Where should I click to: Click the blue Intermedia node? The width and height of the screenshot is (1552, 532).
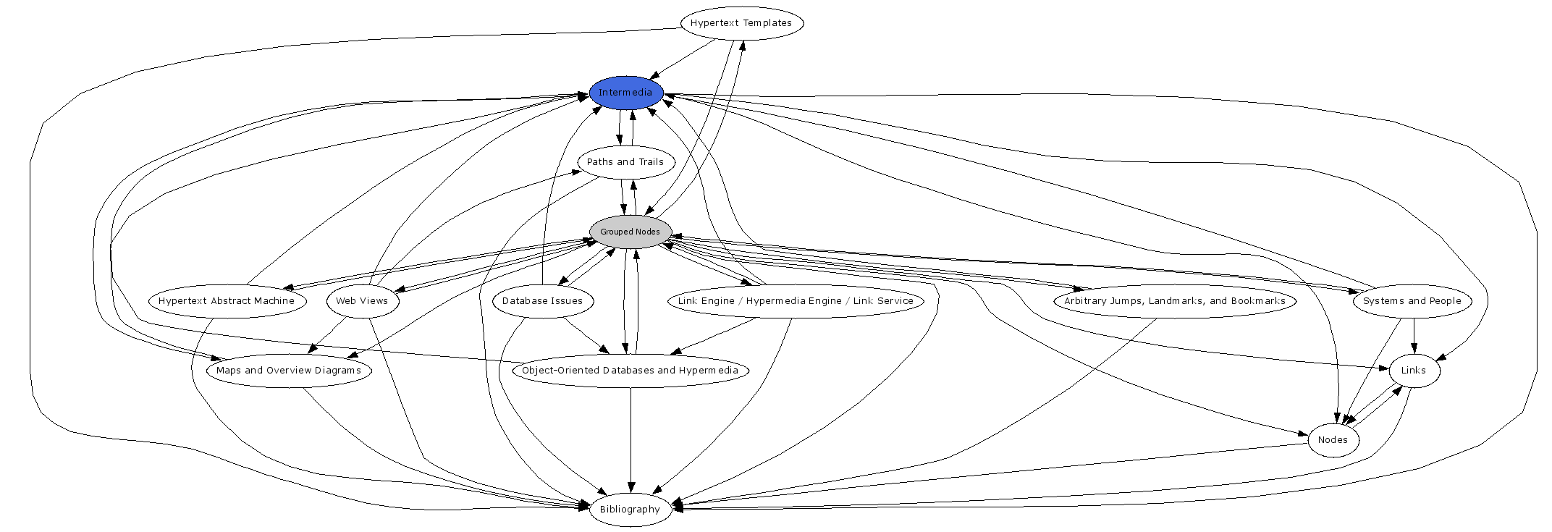pyautogui.click(x=625, y=93)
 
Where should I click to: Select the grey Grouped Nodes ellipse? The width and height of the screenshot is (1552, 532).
pyautogui.click(x=630, y=232)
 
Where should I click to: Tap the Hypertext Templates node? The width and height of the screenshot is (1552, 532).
pyautogui.click(x=741, y=23)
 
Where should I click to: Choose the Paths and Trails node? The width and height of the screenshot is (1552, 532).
pyautogui.click(x=625, y=162)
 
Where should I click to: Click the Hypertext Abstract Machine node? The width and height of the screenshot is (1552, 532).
pyautogui.click(x=227, y=301)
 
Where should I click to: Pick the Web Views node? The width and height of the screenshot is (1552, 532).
pyautogui.click(x=362, y=301)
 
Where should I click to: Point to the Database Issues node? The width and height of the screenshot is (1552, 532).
pyautogui.click(x=542, y=301)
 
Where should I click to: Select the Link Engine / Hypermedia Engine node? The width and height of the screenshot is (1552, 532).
pyautogui.click(x=796, y=301)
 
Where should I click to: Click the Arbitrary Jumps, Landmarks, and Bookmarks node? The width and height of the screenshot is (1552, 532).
pyautogui.click(x=1175, y=301)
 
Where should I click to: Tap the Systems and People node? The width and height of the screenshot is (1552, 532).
pyautogui.click(x=1412, y=301)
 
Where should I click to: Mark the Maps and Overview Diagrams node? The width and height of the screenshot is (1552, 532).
pyautogui.click(x=289, y=371)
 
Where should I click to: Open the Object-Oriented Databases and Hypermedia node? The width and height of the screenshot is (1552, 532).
pyautogui.click(x=630, y=371)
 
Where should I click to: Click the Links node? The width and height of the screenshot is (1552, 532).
pyautogui.click(x=1413, y=371)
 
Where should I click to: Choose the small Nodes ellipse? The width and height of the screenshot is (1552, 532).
pyautogui.click(x=1333, y=440)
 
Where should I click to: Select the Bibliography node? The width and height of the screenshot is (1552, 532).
pyautogui.click(x=630, y=510)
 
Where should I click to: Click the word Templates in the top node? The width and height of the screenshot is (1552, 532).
pyautogui.click(x=768, y=23)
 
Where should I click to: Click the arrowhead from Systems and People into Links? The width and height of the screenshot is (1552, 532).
pyautogui.click(x=1414, y=348)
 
